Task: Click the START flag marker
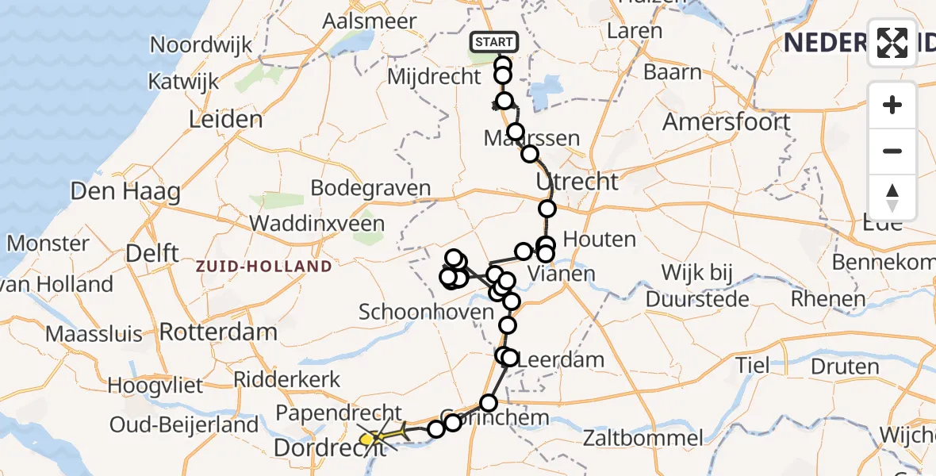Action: [494, 42]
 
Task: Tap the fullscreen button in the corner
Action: [892, 42]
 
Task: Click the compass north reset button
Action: [892, 198]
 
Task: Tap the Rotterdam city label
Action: [218, 331]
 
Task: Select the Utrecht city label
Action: [577, 182]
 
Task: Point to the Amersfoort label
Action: [727, 122]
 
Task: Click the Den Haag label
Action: [125, 191]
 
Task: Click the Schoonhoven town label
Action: [427, 312]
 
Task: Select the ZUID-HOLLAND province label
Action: [264, 267]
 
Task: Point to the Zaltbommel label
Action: [643, 437]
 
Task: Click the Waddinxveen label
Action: [317, 224]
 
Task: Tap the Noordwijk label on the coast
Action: [201, 44]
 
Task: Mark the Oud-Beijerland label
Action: [186, 424]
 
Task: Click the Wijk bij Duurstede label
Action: [697, 286]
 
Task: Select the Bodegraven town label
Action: [370, 189]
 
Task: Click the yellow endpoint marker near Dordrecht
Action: [366, 439]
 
